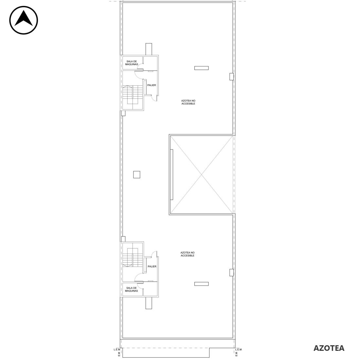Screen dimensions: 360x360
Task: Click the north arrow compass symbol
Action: (x=24, y=20)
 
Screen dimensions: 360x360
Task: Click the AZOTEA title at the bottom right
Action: (x=329, y=348)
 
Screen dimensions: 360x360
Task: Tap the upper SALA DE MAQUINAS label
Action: (x=132, y=63)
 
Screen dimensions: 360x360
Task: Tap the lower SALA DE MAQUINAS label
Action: (x=131, y=289)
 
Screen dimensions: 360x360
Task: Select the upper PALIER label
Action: (x=152, y=85)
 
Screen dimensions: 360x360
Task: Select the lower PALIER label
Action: (x=152, y=266)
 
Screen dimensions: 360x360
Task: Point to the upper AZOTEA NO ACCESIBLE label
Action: (x=188, y=102)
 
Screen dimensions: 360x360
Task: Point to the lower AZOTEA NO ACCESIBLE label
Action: (x=187, y=254)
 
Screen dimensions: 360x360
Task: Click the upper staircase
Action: (x=133, y=97)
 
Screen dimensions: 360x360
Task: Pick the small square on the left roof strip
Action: (x=136, y=174)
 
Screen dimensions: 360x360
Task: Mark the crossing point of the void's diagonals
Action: (x=202, y=175)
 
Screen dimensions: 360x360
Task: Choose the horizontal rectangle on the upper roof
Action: (x=201, y=68)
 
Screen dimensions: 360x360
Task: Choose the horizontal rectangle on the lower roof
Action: (x=201, y=284)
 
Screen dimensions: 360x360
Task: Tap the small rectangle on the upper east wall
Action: (x=232, y=77)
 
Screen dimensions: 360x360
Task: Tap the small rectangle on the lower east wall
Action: (x=232, y=273)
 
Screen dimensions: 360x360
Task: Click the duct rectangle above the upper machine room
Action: (x=149, y=49)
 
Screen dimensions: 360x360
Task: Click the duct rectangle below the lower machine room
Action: (x=149, y=303)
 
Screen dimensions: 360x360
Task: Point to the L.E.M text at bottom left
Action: (x=117, y=350)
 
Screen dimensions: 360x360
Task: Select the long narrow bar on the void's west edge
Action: (x=172, y=174)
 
